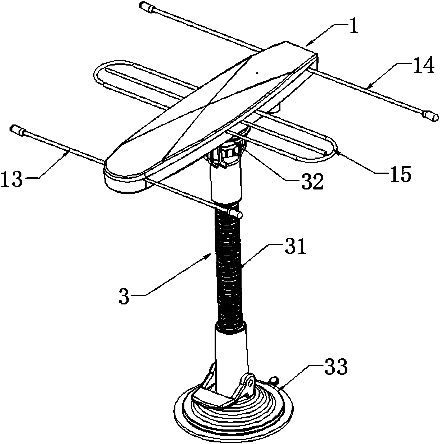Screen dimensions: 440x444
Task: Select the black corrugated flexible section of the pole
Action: [229, 268]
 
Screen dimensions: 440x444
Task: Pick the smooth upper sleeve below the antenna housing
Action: [226, 182]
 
